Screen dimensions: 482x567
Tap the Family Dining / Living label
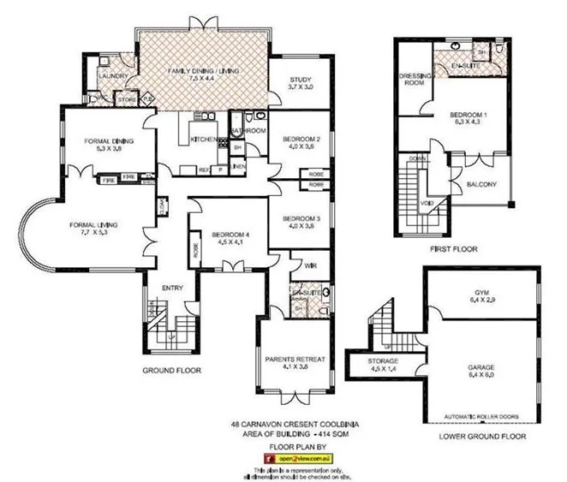point(202,69)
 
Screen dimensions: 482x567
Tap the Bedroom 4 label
point(221,235)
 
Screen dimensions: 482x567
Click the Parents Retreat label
point(294,360)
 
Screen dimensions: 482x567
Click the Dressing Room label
point(415,79)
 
